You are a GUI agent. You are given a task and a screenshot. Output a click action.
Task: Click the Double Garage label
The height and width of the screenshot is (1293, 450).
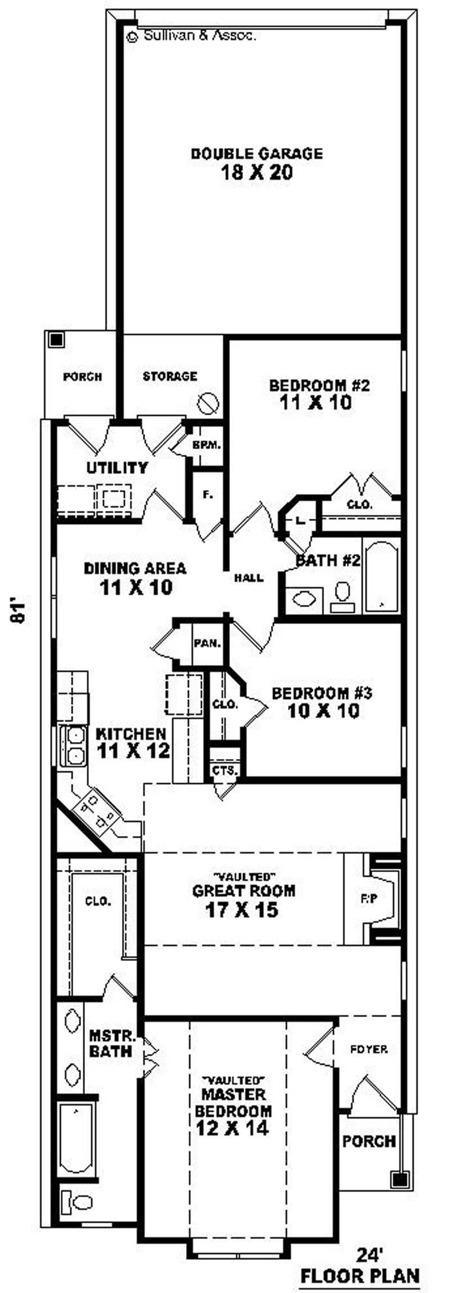click(x=257, y=154)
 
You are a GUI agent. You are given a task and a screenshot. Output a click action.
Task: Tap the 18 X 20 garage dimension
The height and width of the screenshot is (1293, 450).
click(x=257, y=173)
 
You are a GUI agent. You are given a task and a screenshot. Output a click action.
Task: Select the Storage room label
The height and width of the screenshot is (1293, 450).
click(x=170, y=376)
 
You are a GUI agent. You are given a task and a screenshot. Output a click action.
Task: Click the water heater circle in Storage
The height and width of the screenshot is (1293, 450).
click(x=208, y=403)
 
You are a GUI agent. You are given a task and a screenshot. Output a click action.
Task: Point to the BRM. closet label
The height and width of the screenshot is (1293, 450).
click(x=206, y=445)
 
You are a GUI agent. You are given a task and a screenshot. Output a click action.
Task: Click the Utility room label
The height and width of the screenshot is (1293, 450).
click(x=117, y=468)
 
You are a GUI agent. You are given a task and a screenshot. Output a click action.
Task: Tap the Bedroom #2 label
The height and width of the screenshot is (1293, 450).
click(x=319, y=385)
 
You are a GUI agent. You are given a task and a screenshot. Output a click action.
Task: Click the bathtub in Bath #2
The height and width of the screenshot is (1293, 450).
click(x=381, y=576)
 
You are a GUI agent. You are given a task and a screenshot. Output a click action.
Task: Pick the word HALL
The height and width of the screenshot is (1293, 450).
click(x=249, y=577)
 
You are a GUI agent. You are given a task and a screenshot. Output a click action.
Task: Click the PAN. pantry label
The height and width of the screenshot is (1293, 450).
click(x=207, y=644)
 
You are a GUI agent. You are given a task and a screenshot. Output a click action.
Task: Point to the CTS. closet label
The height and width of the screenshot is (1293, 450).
click(x=225, y=770)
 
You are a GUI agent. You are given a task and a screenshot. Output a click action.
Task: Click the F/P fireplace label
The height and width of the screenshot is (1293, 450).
click(x=368, y=899)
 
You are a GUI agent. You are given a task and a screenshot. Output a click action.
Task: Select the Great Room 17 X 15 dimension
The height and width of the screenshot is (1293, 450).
click(x=242, y=910)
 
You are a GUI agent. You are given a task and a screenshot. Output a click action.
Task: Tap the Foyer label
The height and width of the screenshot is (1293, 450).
click(x=368, y=1049)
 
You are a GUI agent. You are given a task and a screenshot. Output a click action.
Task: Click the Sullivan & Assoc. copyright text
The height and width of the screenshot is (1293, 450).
click(x=192, y=36)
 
